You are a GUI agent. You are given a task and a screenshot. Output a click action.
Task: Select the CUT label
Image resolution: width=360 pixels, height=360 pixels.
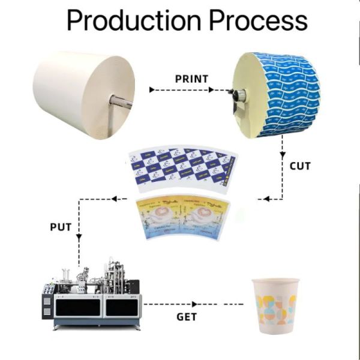pyautogui.click(x=300, y=165)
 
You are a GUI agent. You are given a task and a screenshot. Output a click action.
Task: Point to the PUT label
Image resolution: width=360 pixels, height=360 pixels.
pyautogui.click(x=61, y=227)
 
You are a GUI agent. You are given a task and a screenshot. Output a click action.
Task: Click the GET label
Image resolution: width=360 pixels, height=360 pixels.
pyautogui.click(x=186, y=316)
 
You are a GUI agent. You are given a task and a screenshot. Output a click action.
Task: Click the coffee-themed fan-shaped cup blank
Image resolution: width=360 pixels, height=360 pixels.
pyautogui.click(x=180, y=216)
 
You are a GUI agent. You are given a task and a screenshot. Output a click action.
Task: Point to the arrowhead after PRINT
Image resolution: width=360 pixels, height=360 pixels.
pyautogui.click(x=211, y=90)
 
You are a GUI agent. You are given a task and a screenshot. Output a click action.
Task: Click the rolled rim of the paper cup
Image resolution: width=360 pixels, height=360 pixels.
pyautogui.click(x=275, y=281)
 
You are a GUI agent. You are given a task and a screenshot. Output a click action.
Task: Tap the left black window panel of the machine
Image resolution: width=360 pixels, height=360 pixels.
pyautogui.click(x=76, y=307)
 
